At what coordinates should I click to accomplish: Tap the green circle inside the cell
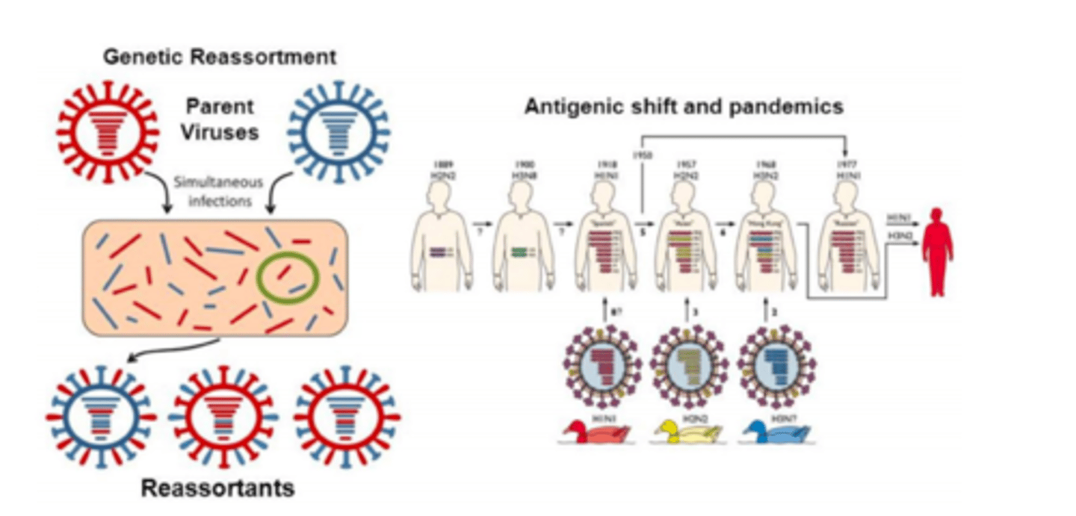(x=288, y=277)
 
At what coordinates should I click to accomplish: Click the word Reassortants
(x=217, y=489)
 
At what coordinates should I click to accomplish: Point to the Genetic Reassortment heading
(x=220, y=57)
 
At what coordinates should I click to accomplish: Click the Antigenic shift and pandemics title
(x=683, y=107)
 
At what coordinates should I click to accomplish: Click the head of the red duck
(x=576, y=426)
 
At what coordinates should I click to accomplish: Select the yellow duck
(x=687, y=432)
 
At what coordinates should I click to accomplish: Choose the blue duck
(x=777, y=432)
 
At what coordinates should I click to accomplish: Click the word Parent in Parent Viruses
(x=220, y=106)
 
